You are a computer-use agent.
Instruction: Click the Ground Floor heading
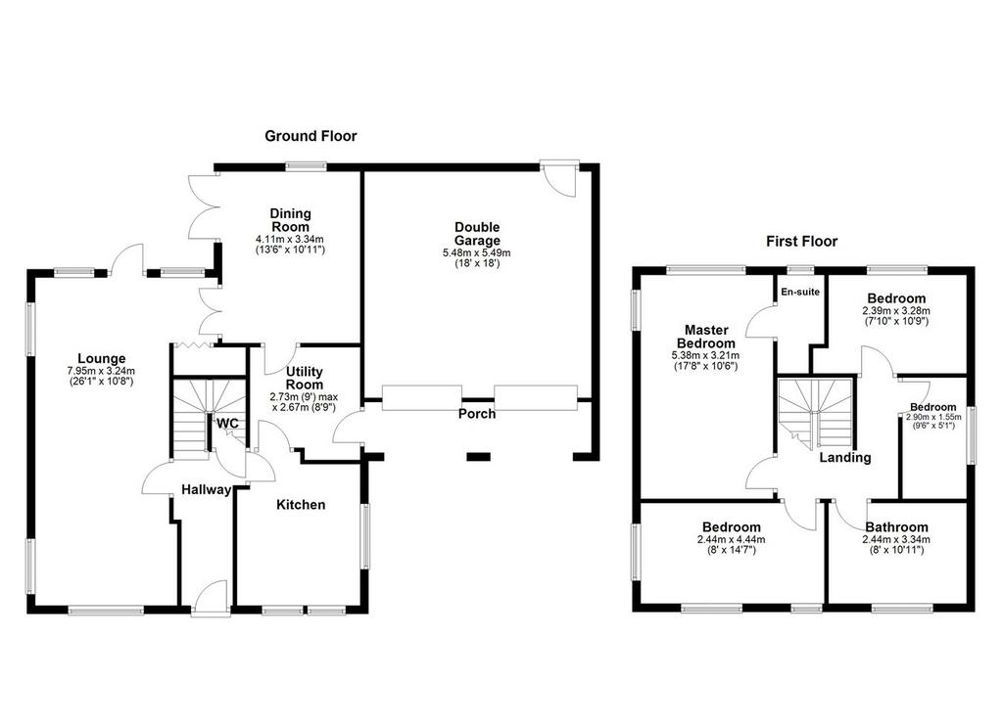point(310,136)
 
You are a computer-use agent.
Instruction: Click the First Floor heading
point(801,242)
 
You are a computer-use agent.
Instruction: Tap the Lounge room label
point(102,358)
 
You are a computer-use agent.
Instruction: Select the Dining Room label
point(290,220)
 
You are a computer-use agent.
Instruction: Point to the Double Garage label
point(477,234)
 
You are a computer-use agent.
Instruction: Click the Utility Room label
point(305,378)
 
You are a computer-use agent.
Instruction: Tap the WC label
point(227,424)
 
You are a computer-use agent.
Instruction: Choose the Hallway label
point(206,489)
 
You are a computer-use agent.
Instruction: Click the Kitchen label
point(301,505)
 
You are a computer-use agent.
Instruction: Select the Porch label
point(477,414)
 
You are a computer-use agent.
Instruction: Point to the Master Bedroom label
point(706,337)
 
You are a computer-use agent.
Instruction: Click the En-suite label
point(800,293)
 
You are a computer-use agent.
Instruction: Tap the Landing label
point(845,458)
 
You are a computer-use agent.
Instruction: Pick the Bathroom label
point(896,527)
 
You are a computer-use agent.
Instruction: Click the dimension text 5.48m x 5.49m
point(477,253)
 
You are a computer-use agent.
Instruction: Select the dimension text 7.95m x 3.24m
point(101,371)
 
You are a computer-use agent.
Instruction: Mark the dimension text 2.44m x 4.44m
point(731,539)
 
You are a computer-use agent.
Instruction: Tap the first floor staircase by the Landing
point(816,413)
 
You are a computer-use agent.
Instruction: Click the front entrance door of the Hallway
point(211,599)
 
